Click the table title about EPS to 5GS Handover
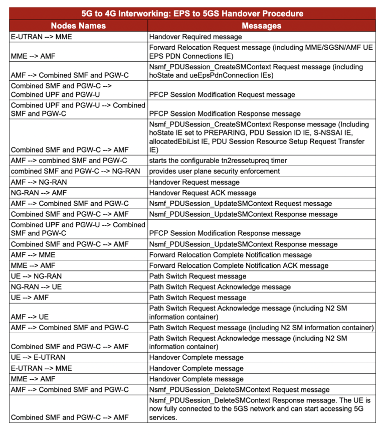192,14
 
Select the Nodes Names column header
78,25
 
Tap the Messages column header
261,25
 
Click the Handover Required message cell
196,37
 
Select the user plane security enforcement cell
208,171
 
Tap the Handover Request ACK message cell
203,193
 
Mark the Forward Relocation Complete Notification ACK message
239,265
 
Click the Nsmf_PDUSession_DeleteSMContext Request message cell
239,389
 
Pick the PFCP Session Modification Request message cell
222,94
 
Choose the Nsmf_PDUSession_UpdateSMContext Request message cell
240,203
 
